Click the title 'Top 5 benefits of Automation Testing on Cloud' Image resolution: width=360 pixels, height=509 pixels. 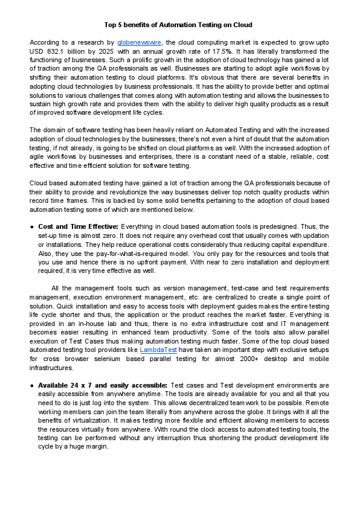click(178, 25)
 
